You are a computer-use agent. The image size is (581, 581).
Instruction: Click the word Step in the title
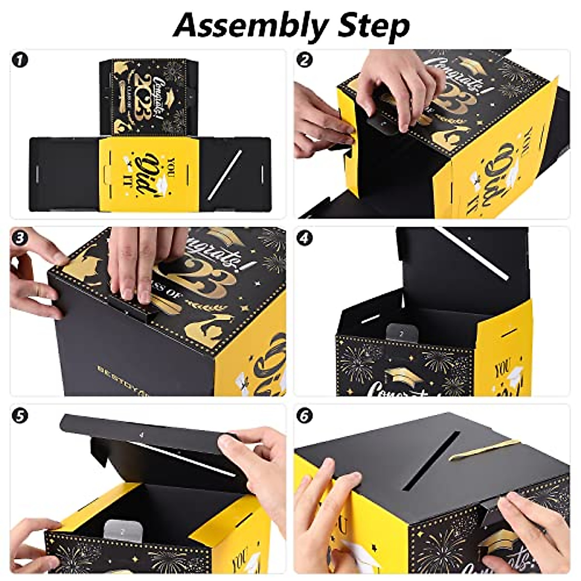point(373,25)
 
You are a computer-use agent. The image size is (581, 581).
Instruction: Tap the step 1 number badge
point(20,61)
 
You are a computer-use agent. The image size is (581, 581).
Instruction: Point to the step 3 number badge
point(20,238)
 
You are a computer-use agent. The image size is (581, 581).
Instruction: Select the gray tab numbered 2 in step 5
point(122,517)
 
